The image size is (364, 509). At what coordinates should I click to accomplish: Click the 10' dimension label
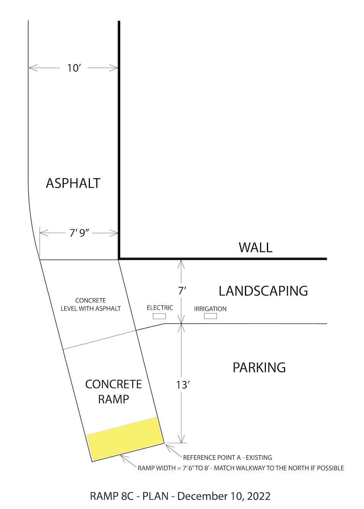click(74, 68)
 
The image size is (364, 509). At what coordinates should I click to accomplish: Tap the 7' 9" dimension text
click(79, 233)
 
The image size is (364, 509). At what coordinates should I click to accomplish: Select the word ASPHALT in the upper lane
click(73, 183)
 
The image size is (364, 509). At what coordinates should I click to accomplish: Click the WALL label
click(256, 248)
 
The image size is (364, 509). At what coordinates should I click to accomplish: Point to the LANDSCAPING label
click(263, 291)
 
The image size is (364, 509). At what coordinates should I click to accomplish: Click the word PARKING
click(259, 368)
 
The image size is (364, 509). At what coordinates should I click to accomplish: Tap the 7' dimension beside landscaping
click(182, 291)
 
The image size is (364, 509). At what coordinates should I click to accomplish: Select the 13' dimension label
click(183, 385)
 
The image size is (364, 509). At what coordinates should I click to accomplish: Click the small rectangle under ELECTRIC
click(159, 316)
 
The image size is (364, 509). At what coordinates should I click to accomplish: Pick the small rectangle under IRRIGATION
click(210, 316)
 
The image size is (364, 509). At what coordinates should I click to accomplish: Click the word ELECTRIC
click(160, 308)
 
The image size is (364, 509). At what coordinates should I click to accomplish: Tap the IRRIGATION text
click(210, 309)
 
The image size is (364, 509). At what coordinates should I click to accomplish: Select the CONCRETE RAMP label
click(113, 392)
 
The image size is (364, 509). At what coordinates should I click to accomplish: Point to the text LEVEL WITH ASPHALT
click(91, 309)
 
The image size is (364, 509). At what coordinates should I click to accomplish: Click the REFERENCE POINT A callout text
click(227, 457)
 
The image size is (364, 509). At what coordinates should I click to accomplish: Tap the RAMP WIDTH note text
click(241, 468)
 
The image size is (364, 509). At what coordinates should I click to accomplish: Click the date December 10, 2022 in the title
click(224, 496)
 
